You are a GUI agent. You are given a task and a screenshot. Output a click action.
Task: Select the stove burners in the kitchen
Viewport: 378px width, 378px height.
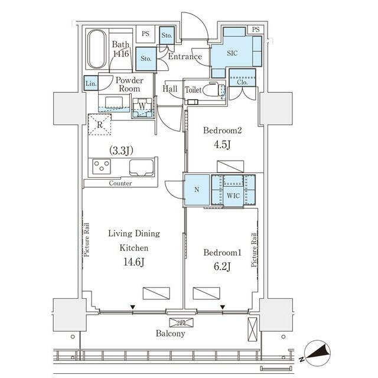pyautogui.click(x=101, y=166)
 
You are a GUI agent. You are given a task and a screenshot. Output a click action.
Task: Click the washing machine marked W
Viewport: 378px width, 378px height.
pyautogui.click(x=142, y=107)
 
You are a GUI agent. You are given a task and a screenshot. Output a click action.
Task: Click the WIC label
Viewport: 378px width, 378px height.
pyautogui.click(x=233, y=195)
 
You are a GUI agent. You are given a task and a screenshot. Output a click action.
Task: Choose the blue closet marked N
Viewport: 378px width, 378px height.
pyautogui.click(x=196, y=190)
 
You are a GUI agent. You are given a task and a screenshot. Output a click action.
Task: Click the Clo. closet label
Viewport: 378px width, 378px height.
pyautogui.click(x=242, y=82)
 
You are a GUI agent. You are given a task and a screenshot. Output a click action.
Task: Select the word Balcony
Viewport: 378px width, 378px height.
pyautogui.click(x=171, y=334)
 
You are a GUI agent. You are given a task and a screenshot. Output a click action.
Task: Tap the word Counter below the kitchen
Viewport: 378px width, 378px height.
pyautogui.click(x=120, y=183)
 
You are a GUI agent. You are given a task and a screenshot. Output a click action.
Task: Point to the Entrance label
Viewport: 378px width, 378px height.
pyautogui.click(x=185, y=57)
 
